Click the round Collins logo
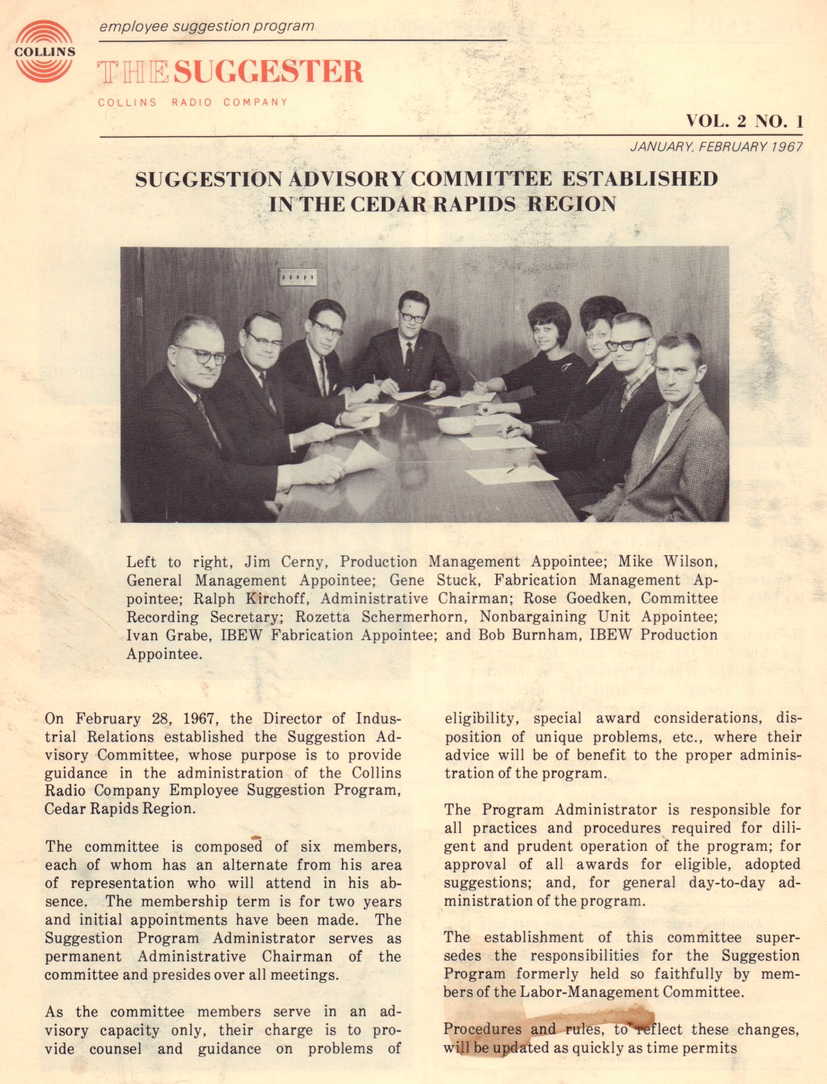pos(44,51)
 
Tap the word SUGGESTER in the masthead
pos(268,72)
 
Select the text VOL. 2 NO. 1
pos(744,121)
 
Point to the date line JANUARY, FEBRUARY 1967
pos(716,146)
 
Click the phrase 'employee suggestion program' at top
pos(207,26)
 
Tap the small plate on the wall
pos(298,277)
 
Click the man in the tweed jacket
pos(674,436)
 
